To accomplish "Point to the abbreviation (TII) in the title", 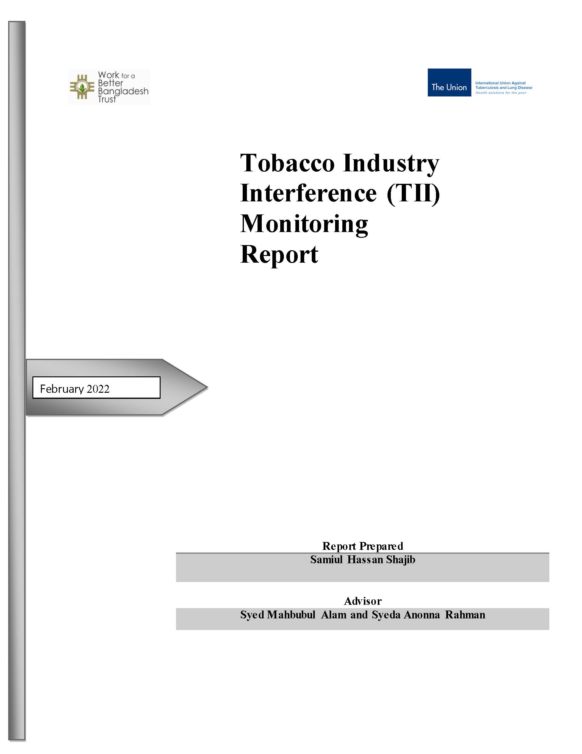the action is point(413,194).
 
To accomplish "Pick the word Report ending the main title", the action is point(279,255).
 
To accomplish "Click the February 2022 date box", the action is point(96,388).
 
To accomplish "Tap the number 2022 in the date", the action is point(98,389).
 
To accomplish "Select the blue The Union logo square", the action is point(449,82).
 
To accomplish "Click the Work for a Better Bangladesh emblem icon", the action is point(82,87).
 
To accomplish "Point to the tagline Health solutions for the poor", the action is point(501,93).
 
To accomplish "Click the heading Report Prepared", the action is point(362,546).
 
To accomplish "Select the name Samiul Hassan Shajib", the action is point(362,560).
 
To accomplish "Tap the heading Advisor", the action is point(363,601).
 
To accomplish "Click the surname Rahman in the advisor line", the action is point(465,615).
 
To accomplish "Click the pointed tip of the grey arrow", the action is point(208,387).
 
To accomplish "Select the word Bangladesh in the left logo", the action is point(123,92).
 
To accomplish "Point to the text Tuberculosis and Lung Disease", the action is point(504,88).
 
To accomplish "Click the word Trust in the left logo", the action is point(107,99).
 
